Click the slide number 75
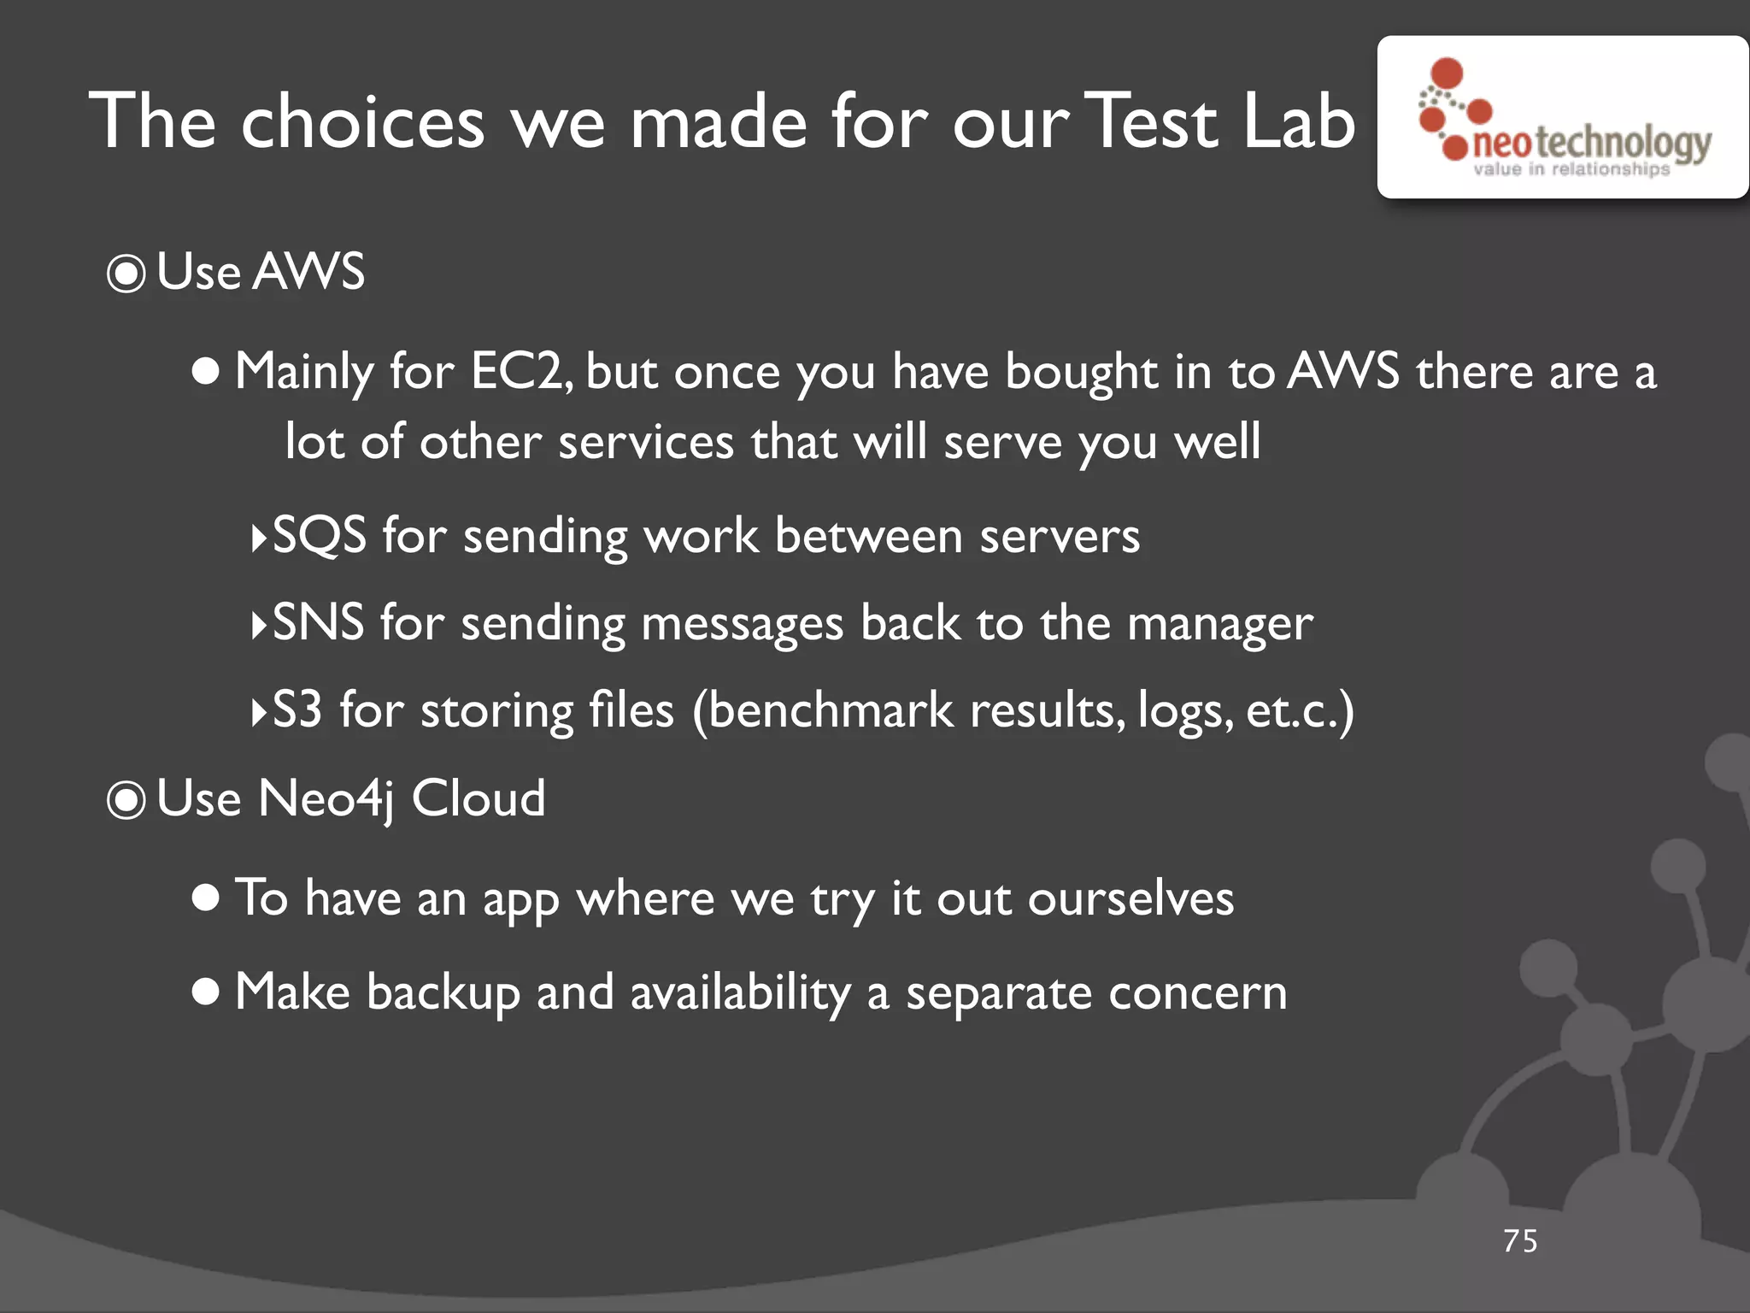(1520, 1241)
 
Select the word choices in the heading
(362, 121)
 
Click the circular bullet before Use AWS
(126, 274)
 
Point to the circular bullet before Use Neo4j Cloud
(126, 801)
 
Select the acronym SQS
(319, 536)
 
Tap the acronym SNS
(318, 623)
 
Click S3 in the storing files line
(297, 710)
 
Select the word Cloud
(479, 799)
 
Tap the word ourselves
(1130, 898)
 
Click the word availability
(740, 992)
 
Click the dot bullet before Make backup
(206, 992)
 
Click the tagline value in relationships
(1571, 169)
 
